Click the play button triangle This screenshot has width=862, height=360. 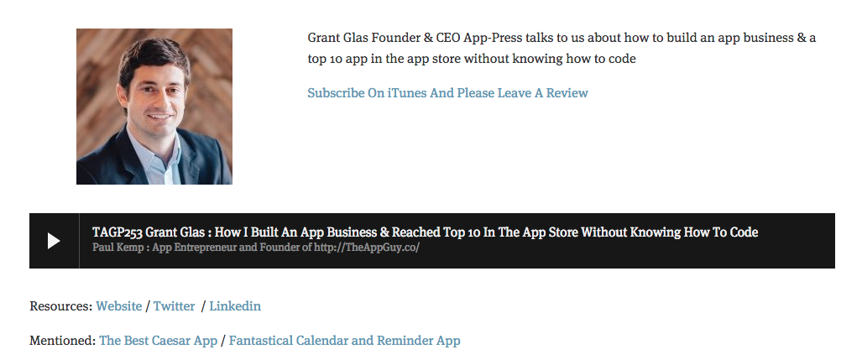click(54, 241)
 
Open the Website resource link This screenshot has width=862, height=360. click(118, 306)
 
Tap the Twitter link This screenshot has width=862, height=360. click(174, 306)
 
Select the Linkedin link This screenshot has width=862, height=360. click(235, 306)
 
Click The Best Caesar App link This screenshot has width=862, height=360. click(159, 341)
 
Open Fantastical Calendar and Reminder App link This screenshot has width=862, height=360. click(344, 341)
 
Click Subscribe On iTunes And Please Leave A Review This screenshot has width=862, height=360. click(447, 93)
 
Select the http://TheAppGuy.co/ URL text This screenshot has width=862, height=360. click(367, 248)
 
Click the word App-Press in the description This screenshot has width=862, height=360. click(493, 38)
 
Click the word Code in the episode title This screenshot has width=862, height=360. click(744, 232)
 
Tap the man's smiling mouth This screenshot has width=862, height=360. click(159, 117)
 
